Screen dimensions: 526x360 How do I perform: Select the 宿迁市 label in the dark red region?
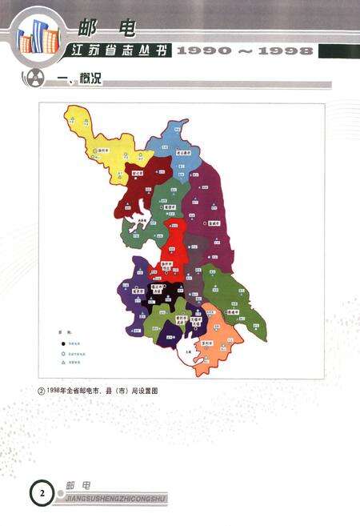pyautogui.click(x=138, y=171)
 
